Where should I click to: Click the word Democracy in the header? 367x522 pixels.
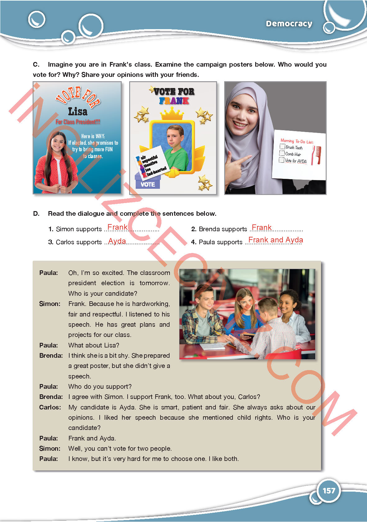pyautogui.click(x=289, y=24)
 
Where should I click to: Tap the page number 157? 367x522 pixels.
pyautogui.click(x=329, y=490)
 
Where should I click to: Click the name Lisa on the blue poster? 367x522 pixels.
pyautogui.click(x=78, y=111)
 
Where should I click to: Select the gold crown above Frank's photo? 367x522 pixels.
pyautogui.click(x=172, y=114)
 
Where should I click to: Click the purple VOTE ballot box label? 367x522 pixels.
pyautogui.click(x=147, y=184)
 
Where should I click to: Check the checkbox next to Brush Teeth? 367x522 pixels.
pyautogui.click(x=282, y=147)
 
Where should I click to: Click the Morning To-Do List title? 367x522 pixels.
pyautogui.click(x=297, y=141)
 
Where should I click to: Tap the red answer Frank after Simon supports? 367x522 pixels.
pyautogui.click(x=117, y=227)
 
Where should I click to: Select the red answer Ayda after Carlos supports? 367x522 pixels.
pyautogui.click(x=117, y=241)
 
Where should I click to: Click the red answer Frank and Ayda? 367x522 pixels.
pyautogui.click(x=275, y=240)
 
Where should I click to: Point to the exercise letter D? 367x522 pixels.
pyautogui.click(x=36, y=214)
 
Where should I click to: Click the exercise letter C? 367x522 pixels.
pyautogui.click(x=36, y=64)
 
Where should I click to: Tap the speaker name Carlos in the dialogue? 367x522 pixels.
pyautogui.click(x=50, y=407)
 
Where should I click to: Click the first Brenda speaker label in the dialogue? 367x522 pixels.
pyautogui.click(x=51, y=356)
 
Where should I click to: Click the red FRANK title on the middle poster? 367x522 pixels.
pyautogui.click(x=174, y=101)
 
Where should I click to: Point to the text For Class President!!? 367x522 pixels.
pyautogui.click(x=78, y=122)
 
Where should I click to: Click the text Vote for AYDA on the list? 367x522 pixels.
pyautogui.click(x=296, y=161)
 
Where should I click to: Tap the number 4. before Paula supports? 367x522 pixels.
pyautogui.click(x=194, y=242)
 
